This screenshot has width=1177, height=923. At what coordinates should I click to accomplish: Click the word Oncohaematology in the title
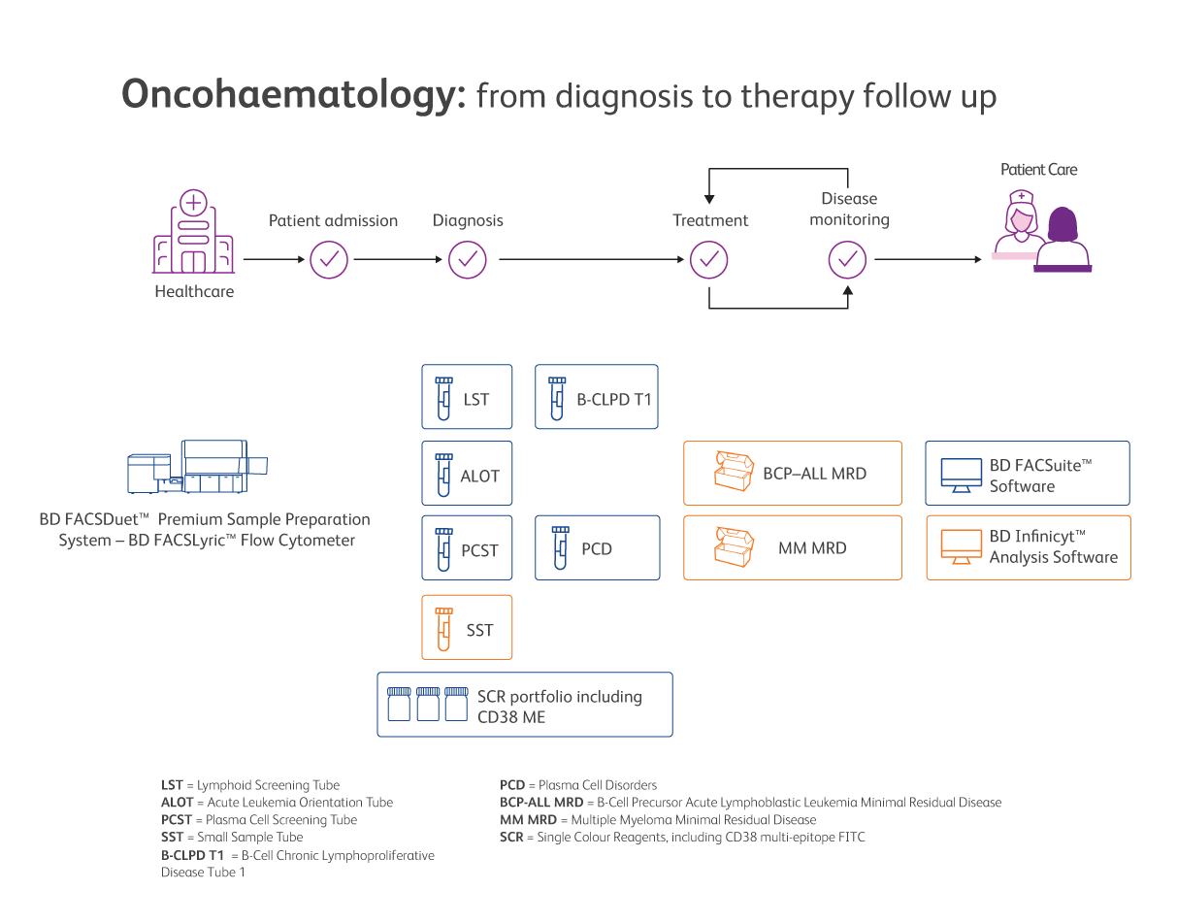[x=294, y=96]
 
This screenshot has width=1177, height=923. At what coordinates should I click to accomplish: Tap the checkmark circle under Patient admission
[x=329, y=259]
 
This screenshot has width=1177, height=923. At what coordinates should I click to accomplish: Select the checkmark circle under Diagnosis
[x=467, y=259]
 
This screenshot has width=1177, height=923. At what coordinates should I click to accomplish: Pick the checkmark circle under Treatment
[x=709, y=259]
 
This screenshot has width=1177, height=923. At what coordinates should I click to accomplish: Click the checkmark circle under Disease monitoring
[x=847, y=259]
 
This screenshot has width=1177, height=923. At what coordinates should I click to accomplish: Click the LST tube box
[x=467, y=397]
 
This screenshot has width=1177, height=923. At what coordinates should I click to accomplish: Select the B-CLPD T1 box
[x=597, y=397]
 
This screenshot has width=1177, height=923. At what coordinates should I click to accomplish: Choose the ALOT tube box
[x=467, y=474]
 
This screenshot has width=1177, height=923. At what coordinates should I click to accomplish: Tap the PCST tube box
[x=467, y=548]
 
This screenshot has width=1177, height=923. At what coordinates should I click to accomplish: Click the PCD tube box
[x=597, y=548]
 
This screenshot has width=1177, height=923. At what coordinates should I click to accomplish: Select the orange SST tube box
[x=467, y=628]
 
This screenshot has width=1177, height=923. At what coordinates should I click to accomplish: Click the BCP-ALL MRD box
[x=793, y=474]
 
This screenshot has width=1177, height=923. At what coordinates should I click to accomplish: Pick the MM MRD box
[x=793, y=548]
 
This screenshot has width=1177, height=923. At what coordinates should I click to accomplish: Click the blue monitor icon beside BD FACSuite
[x=960, y=475]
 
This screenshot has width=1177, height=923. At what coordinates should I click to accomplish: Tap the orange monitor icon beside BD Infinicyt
[x=960, y=548]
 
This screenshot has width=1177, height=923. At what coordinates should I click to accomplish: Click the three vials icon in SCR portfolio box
[x=428, y=704]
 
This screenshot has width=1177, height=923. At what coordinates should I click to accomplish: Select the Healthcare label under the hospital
[x=194, y=291]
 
